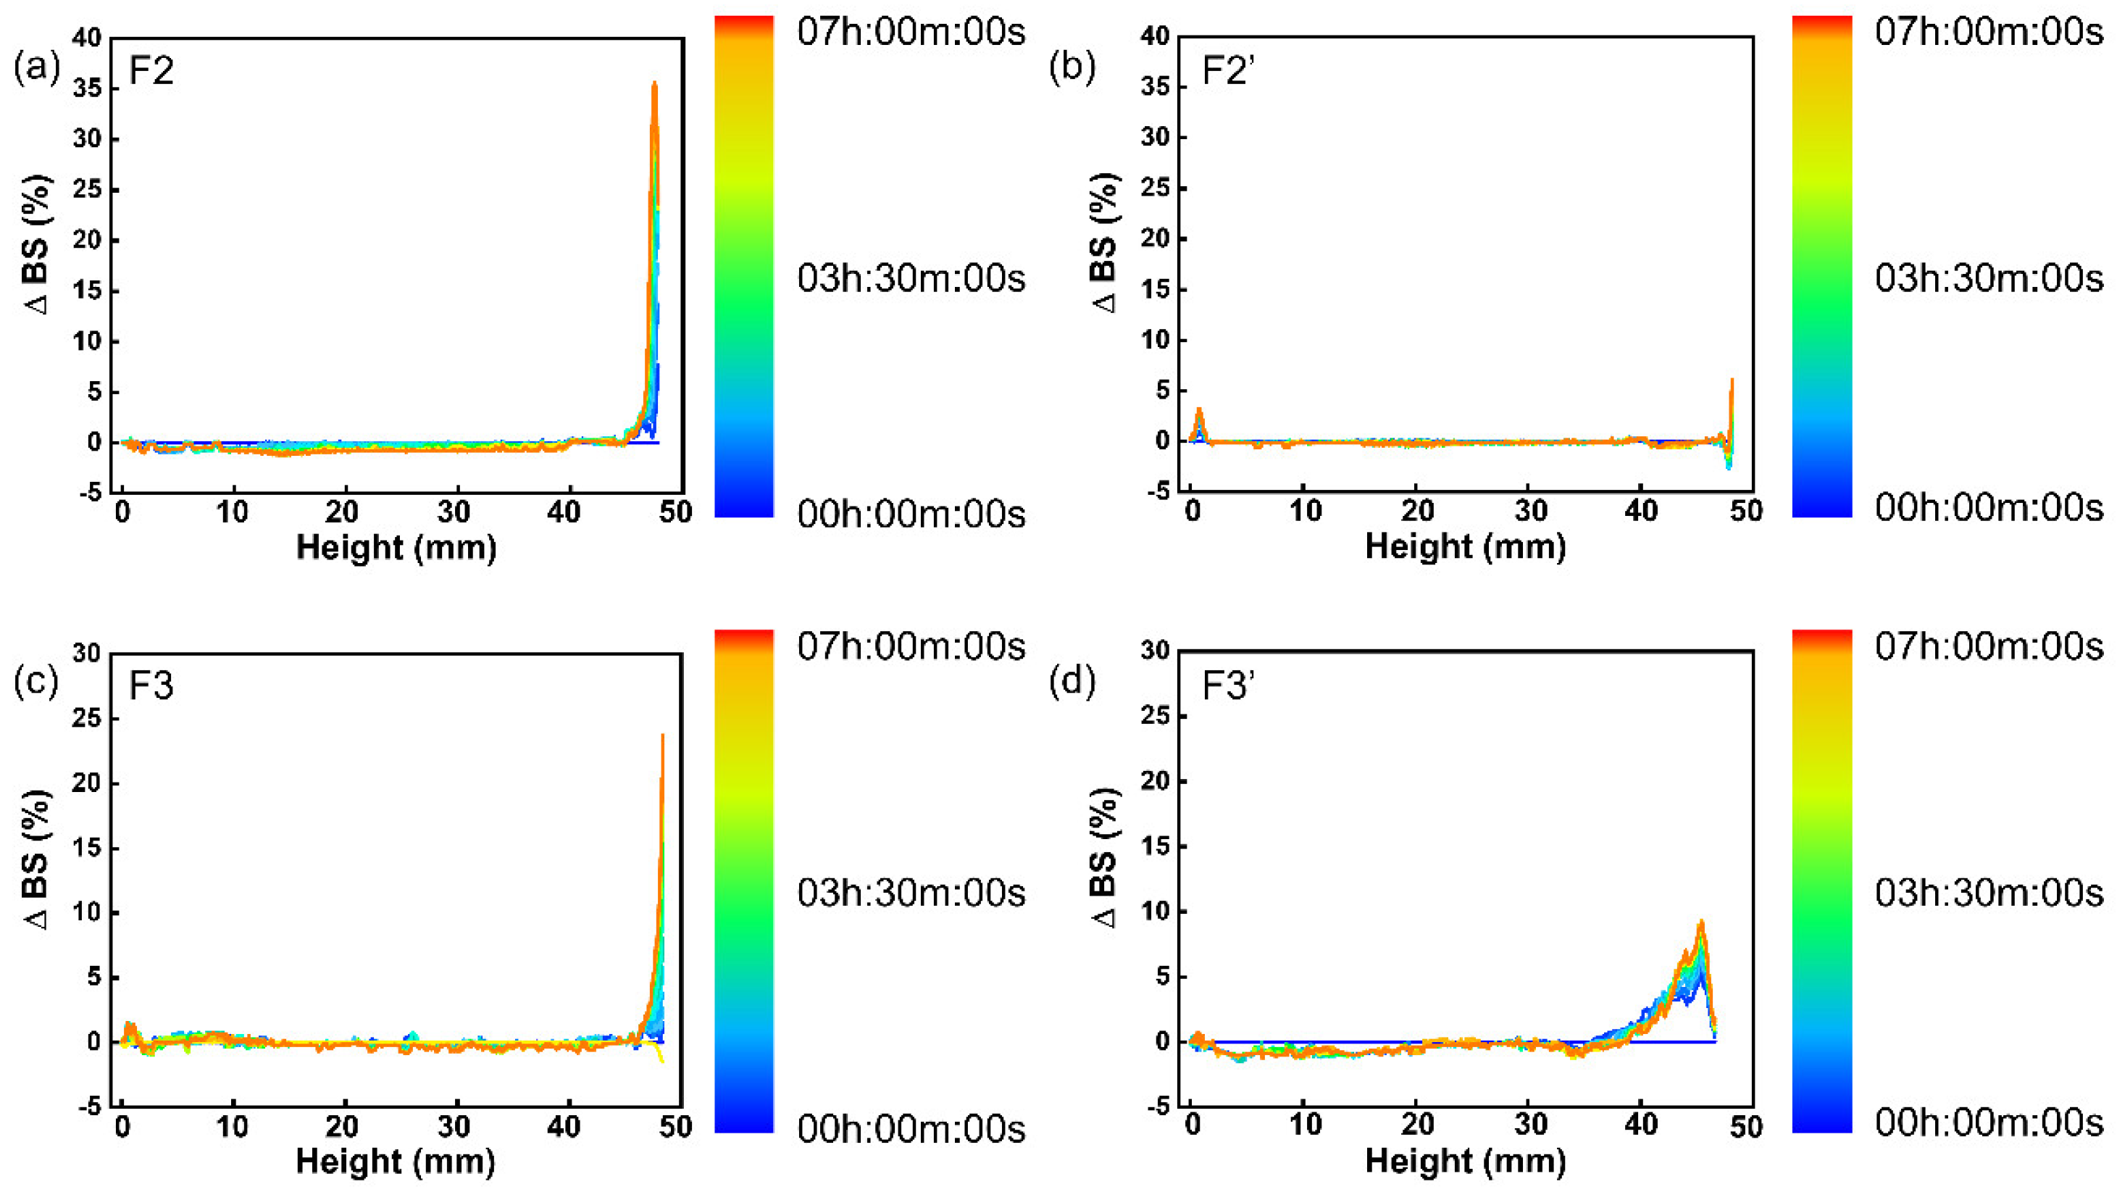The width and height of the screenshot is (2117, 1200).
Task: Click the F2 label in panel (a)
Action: (151, 71)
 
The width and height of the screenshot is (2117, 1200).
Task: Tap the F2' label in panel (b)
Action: (1227, 71)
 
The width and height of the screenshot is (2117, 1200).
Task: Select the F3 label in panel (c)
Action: (151, 686)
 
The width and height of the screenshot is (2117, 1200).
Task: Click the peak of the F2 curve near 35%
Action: (654, 84)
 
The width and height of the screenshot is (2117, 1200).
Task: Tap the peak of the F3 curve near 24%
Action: (662, 736)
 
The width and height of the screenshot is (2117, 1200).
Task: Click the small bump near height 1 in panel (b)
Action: (1199, 410)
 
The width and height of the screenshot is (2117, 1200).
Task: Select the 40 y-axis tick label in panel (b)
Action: (1156, 36)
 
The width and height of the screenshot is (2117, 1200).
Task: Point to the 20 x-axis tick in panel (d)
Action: (1417, 1125)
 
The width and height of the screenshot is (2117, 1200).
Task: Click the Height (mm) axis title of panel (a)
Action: (396, 547)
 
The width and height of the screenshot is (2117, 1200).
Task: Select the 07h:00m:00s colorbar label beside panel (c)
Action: (911, 646)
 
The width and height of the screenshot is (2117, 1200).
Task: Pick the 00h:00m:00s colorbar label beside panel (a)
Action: (911, 514)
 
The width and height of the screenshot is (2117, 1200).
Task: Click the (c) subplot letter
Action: (36, 683)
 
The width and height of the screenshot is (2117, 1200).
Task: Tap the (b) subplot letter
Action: (1072, 67)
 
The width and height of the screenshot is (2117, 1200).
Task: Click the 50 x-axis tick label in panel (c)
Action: (675, 1126)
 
